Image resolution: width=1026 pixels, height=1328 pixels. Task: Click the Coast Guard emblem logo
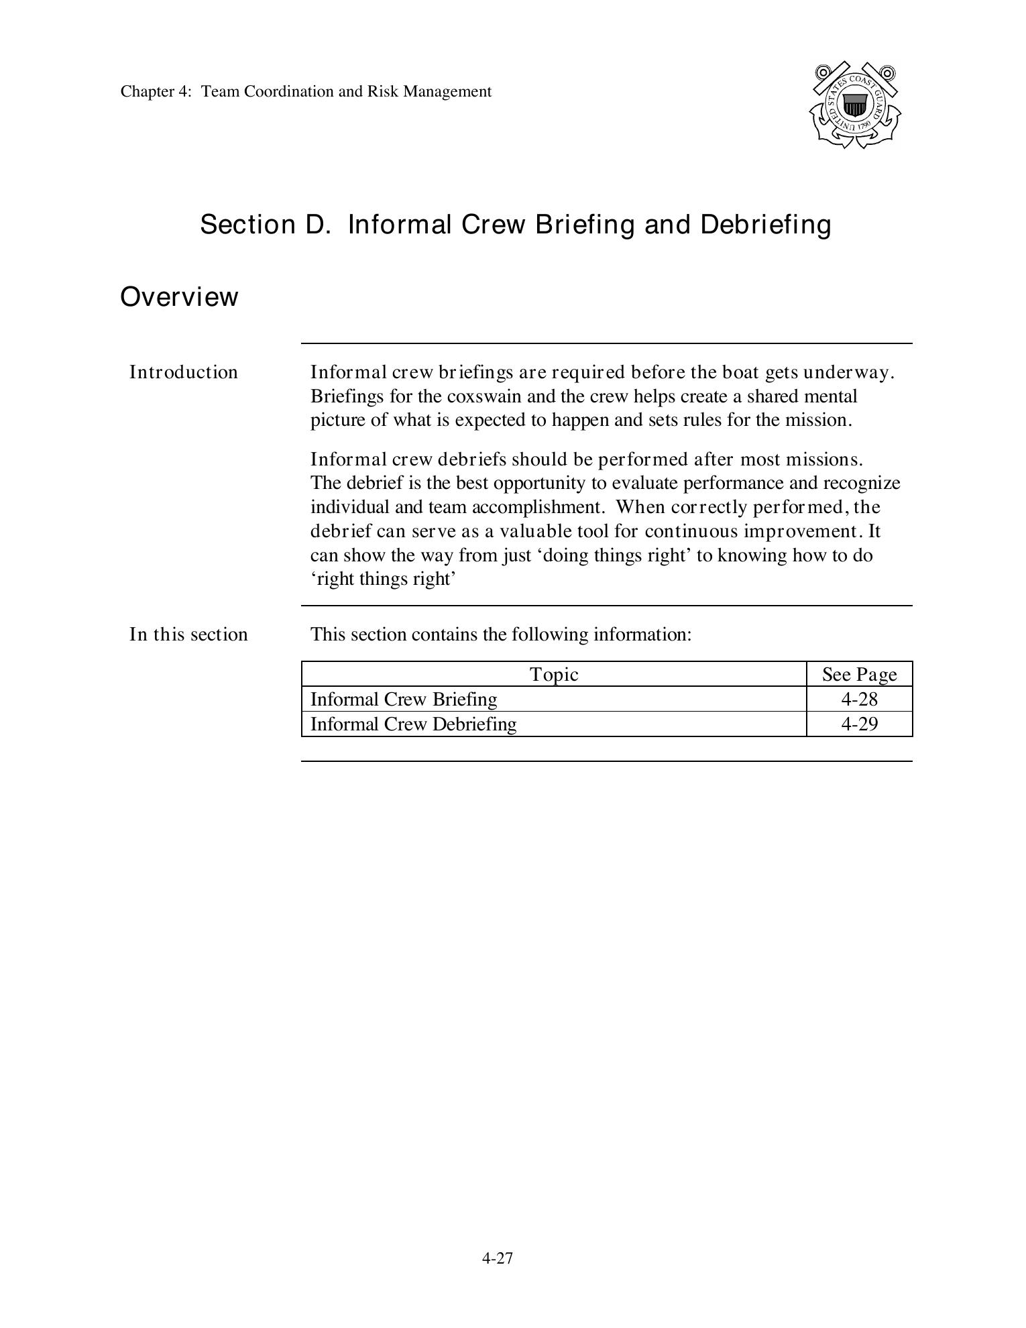(855, 105)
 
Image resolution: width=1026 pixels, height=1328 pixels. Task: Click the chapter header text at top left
(306, 91)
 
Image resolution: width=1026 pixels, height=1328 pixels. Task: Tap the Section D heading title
(515, 224)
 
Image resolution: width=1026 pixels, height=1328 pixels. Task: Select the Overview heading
(179, 296)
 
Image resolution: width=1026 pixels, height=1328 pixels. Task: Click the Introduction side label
(183, 372)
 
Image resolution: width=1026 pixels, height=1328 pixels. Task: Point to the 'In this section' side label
(188, 634)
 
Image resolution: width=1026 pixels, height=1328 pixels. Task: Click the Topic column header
(554, 674)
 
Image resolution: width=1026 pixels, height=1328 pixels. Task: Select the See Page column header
(859, 674)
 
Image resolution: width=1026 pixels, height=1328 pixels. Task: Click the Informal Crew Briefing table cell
(404, 700)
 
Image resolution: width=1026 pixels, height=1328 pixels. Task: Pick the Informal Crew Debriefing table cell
(413, 724)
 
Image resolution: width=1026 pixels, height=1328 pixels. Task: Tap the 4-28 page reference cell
(859, 700)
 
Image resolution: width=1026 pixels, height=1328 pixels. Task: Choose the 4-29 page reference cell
(859, 724)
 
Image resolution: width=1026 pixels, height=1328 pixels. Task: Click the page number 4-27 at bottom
(497, 1259)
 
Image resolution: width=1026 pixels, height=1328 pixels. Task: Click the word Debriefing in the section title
(766, 224)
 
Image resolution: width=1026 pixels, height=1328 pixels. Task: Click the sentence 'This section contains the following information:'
(500, 634)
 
